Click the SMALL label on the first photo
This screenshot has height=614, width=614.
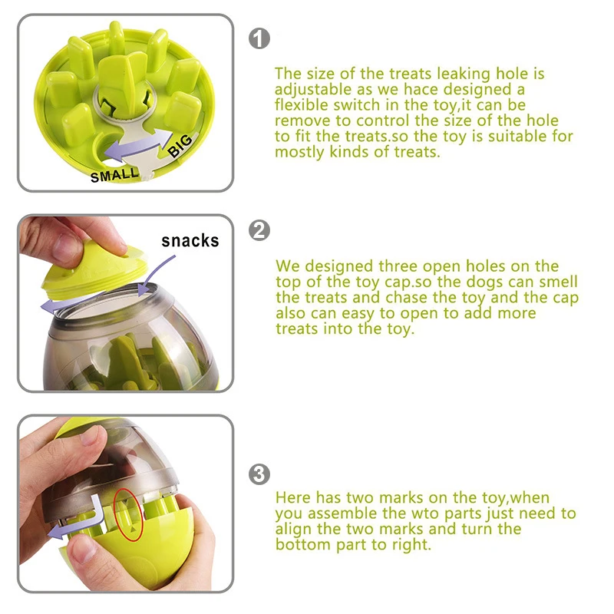point(115,175)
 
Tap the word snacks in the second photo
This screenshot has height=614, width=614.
point(190,241)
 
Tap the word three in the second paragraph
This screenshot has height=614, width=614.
point(403,266)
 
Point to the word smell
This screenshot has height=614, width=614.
point(558,282)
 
